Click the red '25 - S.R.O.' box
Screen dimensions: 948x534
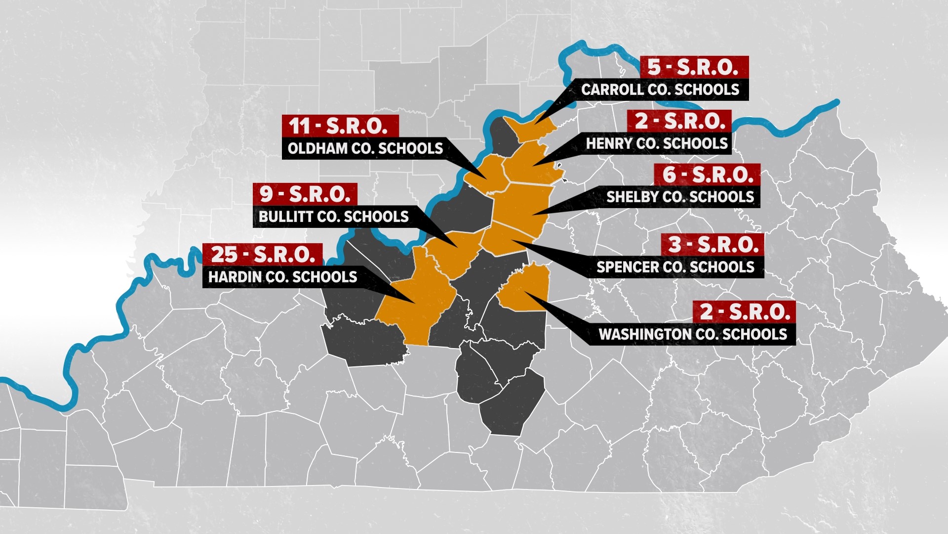tap(263, 255)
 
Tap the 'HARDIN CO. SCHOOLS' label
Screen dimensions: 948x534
tap(282, 277)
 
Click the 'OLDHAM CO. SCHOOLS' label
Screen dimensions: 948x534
tap(365, 149)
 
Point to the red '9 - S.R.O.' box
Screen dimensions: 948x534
tap(305, 194)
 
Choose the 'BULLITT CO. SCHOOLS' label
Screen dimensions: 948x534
tap(333, 217)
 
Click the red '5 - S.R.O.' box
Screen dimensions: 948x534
tap(694, 67)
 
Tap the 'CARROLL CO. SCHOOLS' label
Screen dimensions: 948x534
tap(660, 89)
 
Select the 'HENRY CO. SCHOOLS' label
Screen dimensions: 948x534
tap(657, 144)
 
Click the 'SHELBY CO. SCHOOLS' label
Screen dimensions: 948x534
tap(680, 197)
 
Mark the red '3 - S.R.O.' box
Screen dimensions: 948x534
tap(712, 245)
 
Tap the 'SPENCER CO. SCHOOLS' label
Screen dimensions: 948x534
tap(675, 267)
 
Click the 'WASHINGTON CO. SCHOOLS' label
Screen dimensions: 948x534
tap(692, 334)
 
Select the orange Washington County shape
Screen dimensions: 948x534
tap(526, 292)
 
